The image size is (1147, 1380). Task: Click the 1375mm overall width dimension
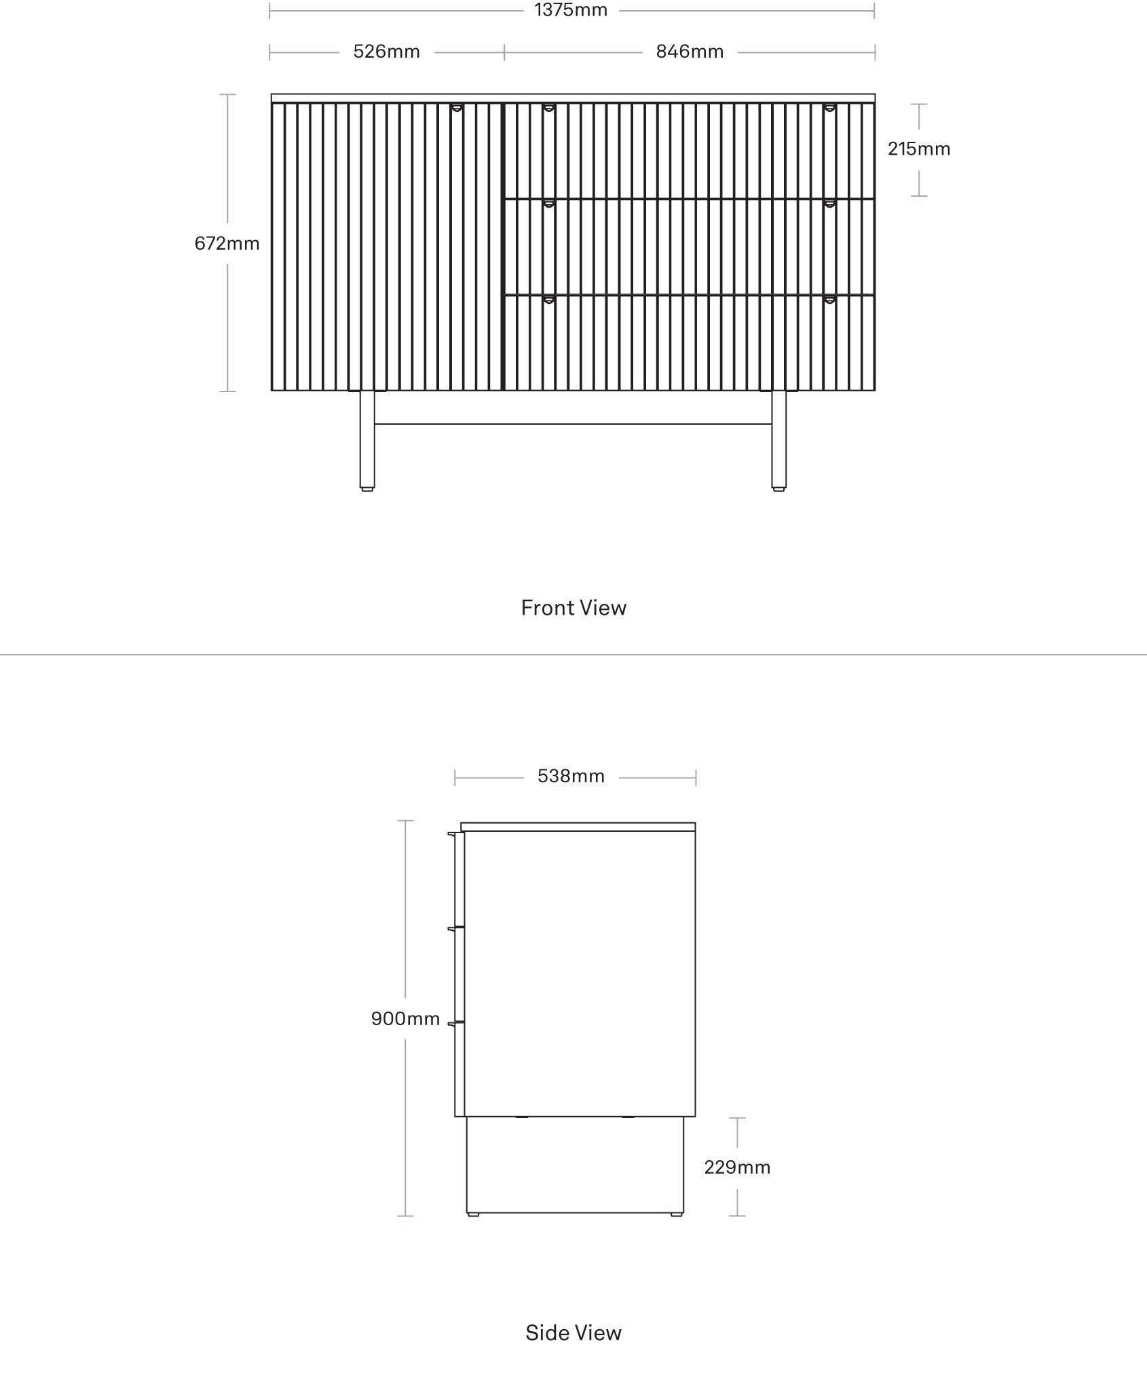click(571, 10)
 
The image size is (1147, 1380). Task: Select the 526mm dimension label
click(387, 52)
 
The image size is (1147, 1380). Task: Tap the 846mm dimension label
click(690, 52)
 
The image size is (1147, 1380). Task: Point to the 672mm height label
click(227, 243)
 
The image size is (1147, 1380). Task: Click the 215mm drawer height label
click(919, 149)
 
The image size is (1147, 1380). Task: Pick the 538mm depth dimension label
click(571, 775)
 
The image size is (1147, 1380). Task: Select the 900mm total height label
click(405, 1018)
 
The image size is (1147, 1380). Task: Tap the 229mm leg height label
click(737, 1167)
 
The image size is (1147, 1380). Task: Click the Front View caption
click(573, 607)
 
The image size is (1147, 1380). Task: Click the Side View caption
click(573, 1333)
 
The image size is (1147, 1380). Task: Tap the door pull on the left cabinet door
click(457, 107)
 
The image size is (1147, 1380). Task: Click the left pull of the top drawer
click(548, 107)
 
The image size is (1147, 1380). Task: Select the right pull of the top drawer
click(829, 107)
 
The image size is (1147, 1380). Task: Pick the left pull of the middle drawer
click(548, 204)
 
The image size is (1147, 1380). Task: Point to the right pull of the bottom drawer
click(829, 299)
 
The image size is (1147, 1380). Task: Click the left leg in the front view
click(367, 440)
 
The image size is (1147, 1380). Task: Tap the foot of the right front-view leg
click(779, 488)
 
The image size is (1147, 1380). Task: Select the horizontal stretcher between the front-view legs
click(573, 424)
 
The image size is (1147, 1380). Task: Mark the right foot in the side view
click(677, 1214)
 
